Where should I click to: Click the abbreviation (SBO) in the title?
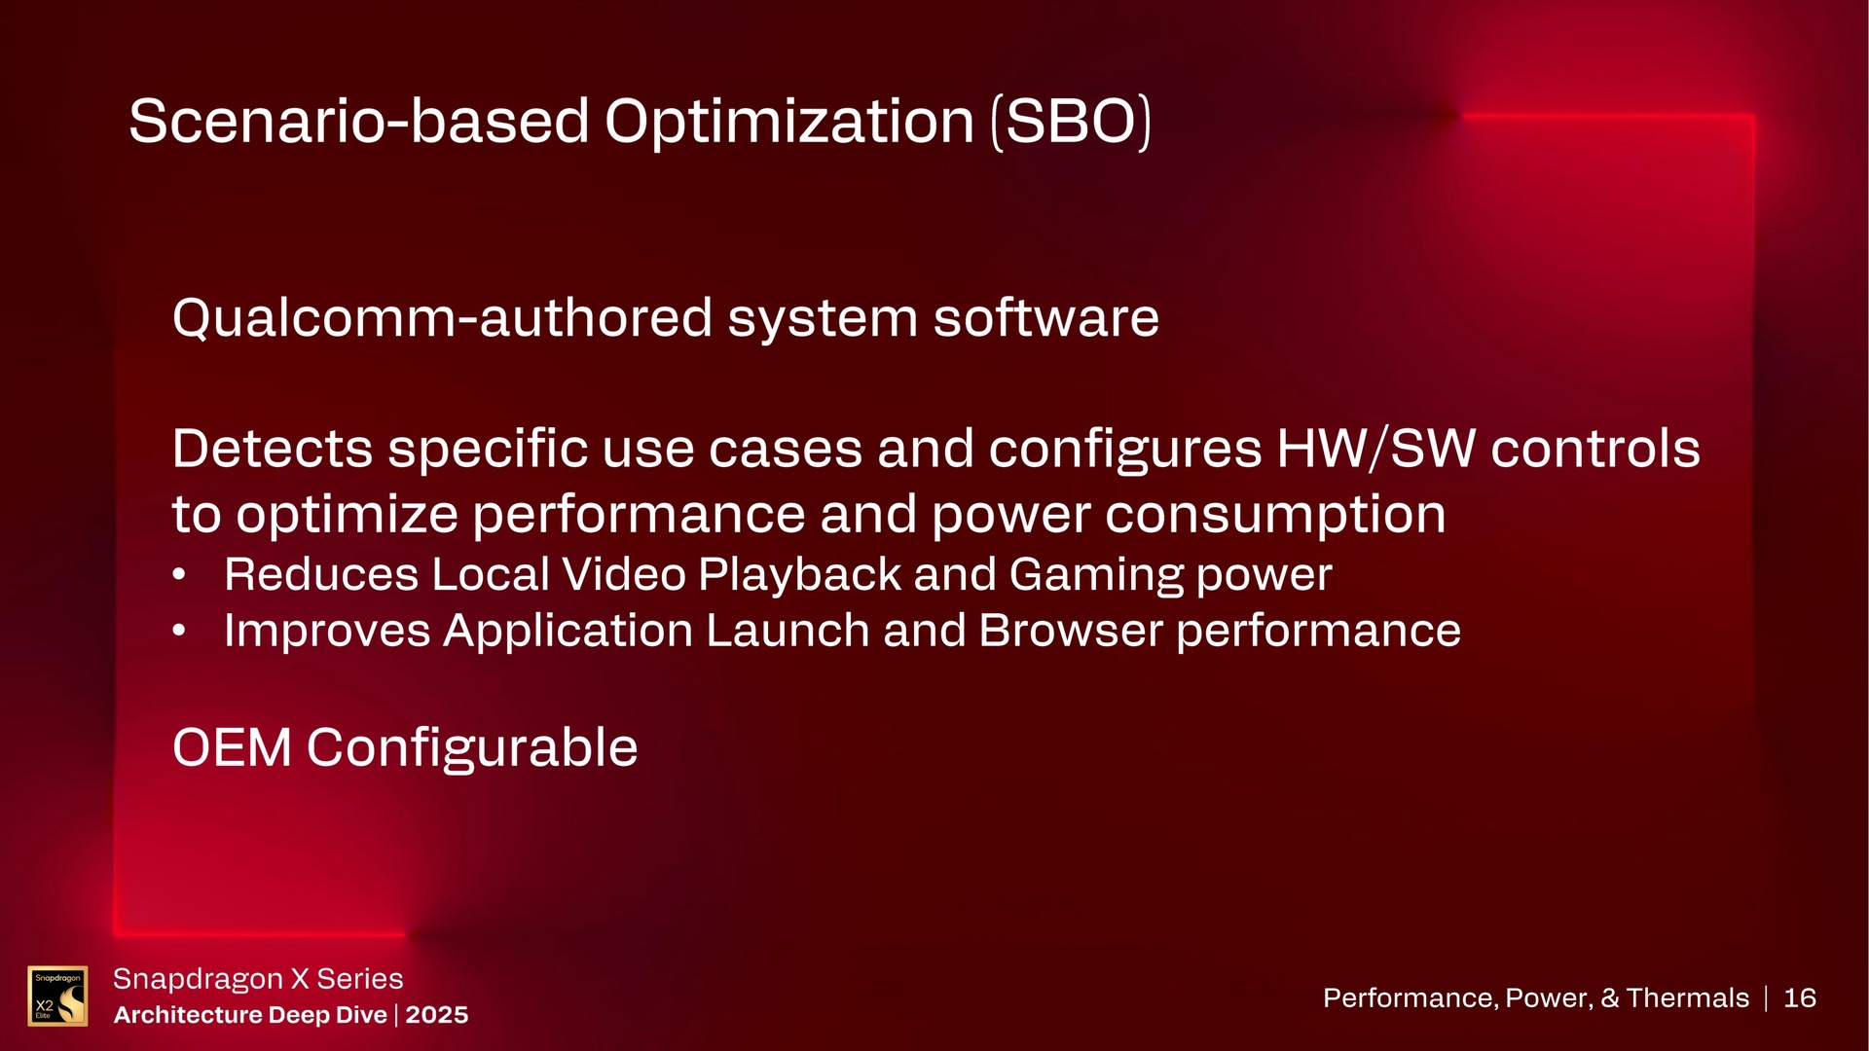1071,123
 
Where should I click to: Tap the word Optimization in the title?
789,123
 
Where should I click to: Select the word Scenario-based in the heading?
359,123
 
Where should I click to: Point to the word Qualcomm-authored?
442,318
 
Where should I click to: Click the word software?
1046,318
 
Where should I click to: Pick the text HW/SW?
1375,449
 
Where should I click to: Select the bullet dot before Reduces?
178,575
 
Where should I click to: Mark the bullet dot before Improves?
178,632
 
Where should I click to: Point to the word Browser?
1071,631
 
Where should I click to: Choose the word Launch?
788,631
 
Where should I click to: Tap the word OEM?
232,747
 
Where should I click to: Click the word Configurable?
472,748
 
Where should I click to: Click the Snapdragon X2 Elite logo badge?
57,996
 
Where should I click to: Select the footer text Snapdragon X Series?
258,978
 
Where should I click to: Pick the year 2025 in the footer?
437,1015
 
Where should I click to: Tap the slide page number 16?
1800,997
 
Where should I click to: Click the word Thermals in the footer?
1688,997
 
